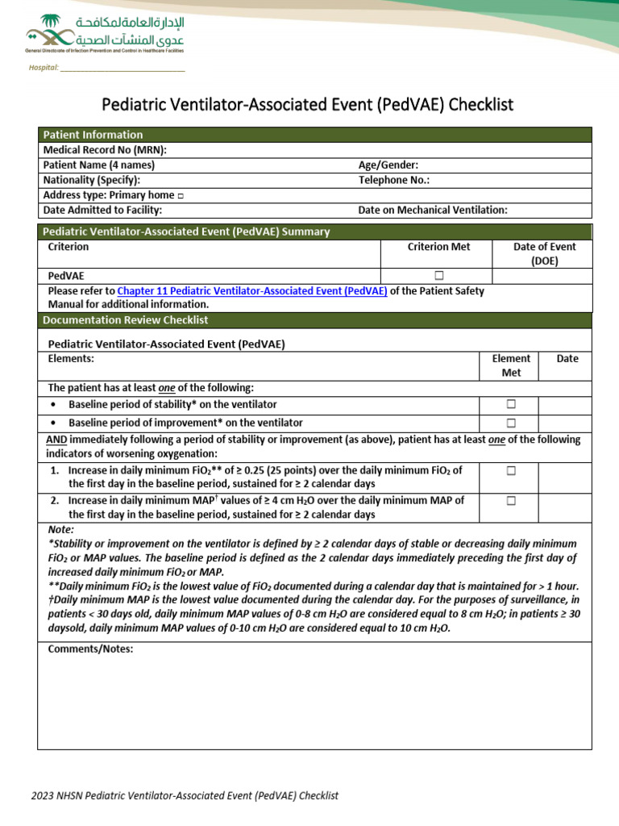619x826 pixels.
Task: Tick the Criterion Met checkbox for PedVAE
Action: [439, 276]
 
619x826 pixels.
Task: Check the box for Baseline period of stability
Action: [510, 404]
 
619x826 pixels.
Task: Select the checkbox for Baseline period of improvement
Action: [510, 423]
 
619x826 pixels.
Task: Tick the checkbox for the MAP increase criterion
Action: [510, 501]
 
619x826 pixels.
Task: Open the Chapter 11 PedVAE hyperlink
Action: [252, 291]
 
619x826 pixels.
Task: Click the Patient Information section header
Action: [93, 135]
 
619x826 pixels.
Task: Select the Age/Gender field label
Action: [388, 165]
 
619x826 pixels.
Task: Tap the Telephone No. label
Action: [393, 180]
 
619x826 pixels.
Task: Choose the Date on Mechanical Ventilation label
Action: [433, 211]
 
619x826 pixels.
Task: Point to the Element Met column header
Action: [511, 365]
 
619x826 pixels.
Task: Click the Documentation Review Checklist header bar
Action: [125, 320]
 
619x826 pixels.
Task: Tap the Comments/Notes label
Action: [90, 649]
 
